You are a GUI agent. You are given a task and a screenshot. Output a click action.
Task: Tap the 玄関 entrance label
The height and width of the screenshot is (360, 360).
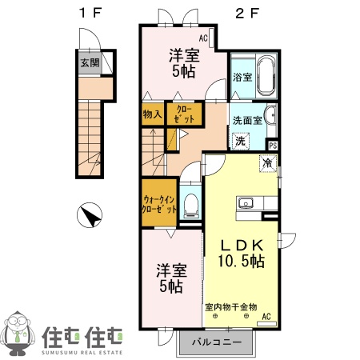[x=89, y=62]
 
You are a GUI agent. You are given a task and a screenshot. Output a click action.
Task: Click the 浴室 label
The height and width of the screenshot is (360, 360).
[x=242, y=78]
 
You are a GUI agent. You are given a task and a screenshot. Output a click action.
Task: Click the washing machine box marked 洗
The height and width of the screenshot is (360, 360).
[x=240, y=141]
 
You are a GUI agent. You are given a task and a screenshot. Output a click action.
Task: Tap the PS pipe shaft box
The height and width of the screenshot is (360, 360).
[x=273, y=145]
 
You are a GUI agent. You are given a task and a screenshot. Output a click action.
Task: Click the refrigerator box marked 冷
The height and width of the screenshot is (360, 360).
[x=267, y=163]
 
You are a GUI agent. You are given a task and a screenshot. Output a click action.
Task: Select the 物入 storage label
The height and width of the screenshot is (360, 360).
[x=152, y=114]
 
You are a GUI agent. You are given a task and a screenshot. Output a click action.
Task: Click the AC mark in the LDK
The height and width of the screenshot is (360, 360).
[x=266, y=317]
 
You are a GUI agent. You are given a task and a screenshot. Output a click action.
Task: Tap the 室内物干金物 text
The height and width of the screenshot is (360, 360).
[x=230, y=306]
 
